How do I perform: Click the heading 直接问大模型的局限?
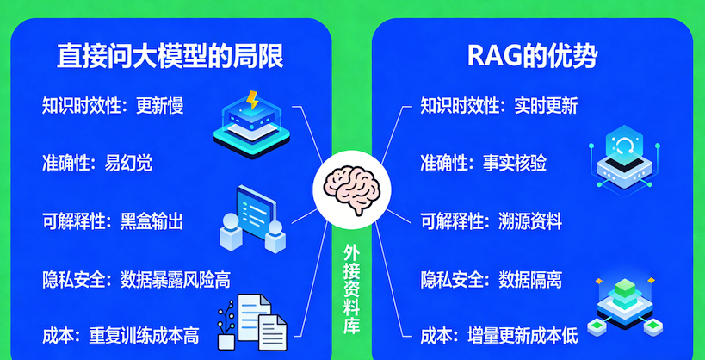(170, 56)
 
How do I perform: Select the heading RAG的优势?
(532, 56)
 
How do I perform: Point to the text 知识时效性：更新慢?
(113, 107)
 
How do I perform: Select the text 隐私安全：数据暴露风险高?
(136, 279)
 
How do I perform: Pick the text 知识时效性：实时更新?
(498, 107)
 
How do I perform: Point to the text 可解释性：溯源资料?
(491, 221)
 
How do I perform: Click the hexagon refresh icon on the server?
(621, 142)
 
